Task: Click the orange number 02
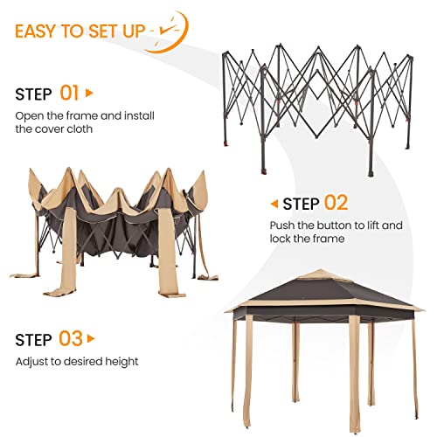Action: (336, 204)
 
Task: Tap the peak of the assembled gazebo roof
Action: (318, 273)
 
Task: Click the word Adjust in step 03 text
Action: (31, 361)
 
